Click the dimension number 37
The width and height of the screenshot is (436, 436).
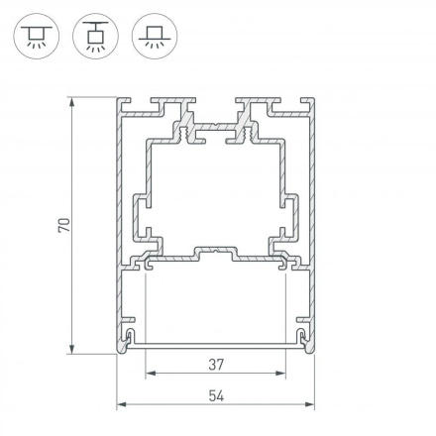tap(216, 365)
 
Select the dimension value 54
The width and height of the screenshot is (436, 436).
tap(216, 395)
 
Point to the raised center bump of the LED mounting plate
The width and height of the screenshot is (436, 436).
tap(216, 253)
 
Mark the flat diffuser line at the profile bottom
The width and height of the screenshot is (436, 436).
tap(216, 346)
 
